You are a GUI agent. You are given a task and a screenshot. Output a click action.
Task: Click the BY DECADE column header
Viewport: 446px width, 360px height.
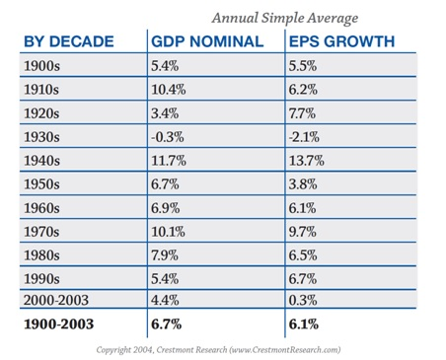click(x=69, y=41)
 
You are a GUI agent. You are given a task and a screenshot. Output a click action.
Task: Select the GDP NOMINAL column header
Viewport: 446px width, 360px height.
click(x=207, y=41)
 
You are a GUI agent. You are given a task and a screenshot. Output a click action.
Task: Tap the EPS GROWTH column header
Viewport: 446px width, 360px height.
click(x=341, y=41)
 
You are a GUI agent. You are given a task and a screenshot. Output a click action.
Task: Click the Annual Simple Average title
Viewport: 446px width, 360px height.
click(x=285, y=19)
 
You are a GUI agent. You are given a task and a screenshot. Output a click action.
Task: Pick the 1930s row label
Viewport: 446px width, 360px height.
click(x=41, y=137)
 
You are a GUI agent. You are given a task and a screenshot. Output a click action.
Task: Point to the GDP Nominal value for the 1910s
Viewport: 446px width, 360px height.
click(x=169, y=90)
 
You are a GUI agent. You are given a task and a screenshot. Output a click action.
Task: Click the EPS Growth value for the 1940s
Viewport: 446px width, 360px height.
click(x=307, y=161)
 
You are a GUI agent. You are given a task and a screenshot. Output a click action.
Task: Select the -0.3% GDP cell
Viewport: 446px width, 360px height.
click(x=168, y=137)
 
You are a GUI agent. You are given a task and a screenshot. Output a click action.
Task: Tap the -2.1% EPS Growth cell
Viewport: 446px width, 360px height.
click(x=304, y=137)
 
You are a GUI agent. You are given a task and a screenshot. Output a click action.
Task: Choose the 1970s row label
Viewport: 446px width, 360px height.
click(x=41, y=232)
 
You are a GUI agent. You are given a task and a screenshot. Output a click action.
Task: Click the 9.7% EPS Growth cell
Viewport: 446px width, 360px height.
click(x=303, y=232)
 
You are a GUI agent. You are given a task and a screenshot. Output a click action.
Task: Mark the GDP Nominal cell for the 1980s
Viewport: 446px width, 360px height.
click(x=165, y=255)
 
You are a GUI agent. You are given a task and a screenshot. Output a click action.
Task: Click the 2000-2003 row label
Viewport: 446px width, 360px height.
click(x=56, y=300)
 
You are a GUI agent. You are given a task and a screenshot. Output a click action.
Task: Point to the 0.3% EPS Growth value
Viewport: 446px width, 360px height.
click(x=303, y=300)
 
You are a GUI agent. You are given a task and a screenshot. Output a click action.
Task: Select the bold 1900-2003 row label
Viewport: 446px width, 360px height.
click(x=59, y=324)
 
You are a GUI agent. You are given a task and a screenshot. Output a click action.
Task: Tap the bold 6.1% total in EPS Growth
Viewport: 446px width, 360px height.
click(x=304, y=324)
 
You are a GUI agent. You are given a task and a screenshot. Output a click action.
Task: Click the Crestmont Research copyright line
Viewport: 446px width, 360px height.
click(x=218, y=349)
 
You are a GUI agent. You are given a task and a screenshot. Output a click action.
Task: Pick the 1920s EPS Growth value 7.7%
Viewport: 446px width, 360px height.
click(x=302, y=113)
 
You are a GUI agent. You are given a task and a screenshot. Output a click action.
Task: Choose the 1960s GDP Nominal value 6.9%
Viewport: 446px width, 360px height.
click(x=166, y=208)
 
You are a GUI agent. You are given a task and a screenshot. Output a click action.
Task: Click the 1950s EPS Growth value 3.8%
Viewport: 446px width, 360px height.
click(x=303, y=184)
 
